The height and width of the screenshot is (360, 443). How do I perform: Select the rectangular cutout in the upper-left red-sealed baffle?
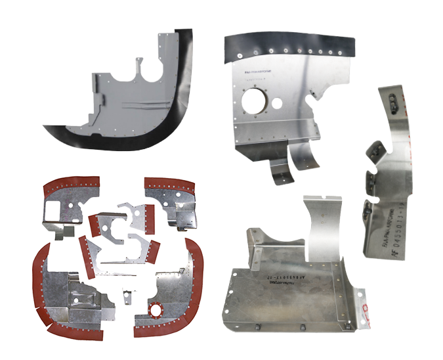click(x=52, y=210)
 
